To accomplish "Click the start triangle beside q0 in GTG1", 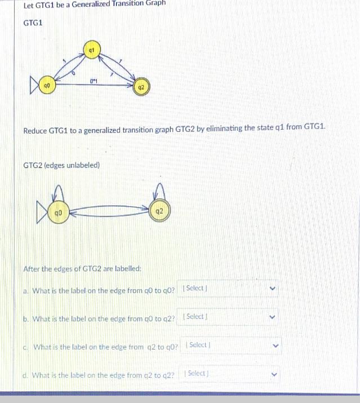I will pyautogui.click(x=35, y=87).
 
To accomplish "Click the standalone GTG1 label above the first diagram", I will pyautogui.click(x=33, y=23).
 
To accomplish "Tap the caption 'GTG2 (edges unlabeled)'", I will pyautogui.click(x=61, y=165).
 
